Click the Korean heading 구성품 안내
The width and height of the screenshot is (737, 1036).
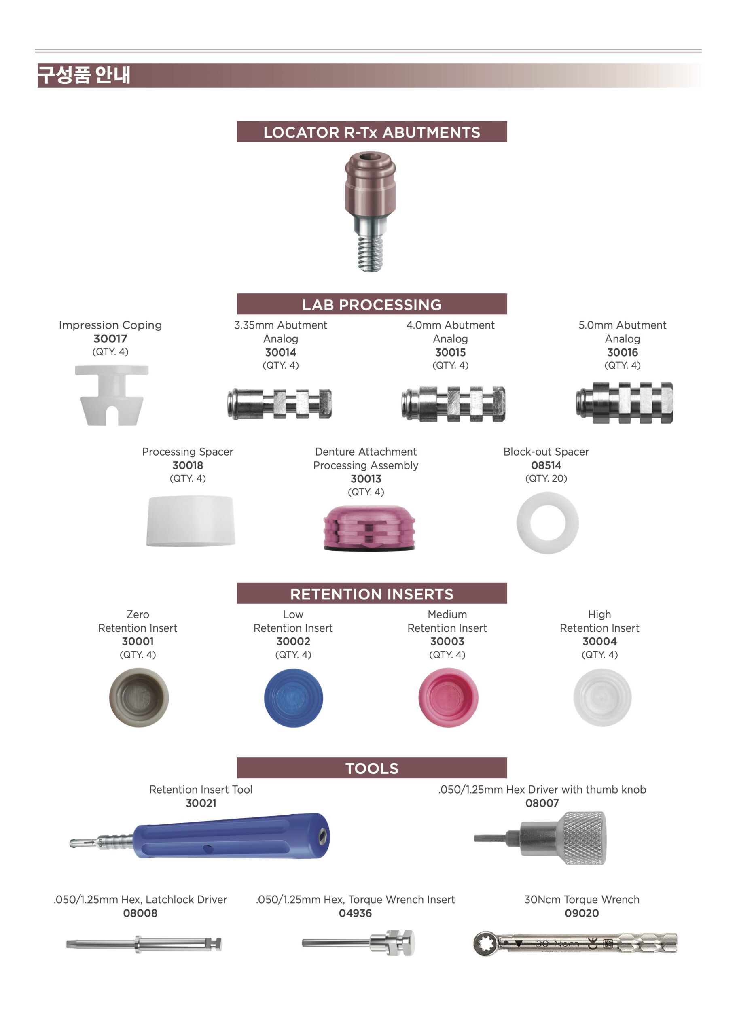click(84, 75)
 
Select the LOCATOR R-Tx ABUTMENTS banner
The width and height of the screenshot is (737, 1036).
click(372, 132)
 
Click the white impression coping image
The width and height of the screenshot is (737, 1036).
click(112, 395)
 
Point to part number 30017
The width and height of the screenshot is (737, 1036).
click(110, 339)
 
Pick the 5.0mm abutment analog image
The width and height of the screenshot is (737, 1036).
click(625, 403)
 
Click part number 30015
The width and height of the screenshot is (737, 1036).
click(451, 352)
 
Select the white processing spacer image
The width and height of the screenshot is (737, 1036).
click(191, 521)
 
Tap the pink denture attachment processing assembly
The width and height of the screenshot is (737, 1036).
click(369, 528)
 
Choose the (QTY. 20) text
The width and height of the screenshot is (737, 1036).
click(546, 478)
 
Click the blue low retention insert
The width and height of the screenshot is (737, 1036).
click(294, 698)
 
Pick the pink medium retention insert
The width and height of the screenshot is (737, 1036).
click(448, 698)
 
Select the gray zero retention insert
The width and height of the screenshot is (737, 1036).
click(139, 697)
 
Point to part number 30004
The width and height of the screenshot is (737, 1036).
click(600, 641)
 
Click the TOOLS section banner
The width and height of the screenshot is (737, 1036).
click(372, 768)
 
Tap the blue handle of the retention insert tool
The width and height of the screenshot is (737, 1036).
click(231, 836)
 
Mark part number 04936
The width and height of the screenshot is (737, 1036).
click(355, 913)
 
